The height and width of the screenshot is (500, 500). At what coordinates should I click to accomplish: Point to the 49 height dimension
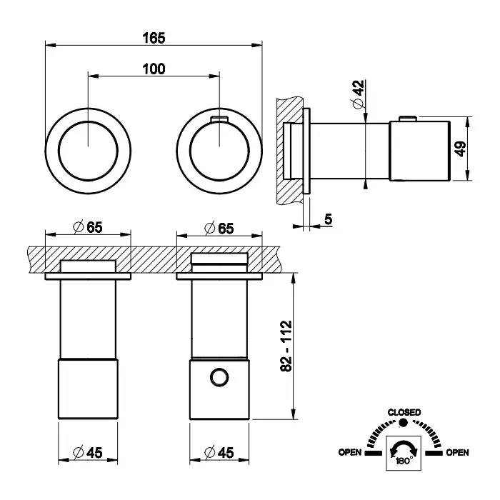point(460,149)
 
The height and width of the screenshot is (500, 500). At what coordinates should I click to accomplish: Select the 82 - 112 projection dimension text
point(286,346)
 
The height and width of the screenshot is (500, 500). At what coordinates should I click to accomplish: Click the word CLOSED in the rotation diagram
point(404,412)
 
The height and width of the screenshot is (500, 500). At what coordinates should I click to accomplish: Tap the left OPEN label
point(349,452)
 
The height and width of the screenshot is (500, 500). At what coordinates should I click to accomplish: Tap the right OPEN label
point(457,452)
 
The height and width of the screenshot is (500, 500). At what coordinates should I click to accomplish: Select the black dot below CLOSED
point(404,424)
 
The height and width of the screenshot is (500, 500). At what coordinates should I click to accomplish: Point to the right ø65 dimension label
point(219,228)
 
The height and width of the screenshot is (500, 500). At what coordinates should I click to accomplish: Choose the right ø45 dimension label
point(219,451)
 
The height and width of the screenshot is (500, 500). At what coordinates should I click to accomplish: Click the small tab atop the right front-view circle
point(219,116)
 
